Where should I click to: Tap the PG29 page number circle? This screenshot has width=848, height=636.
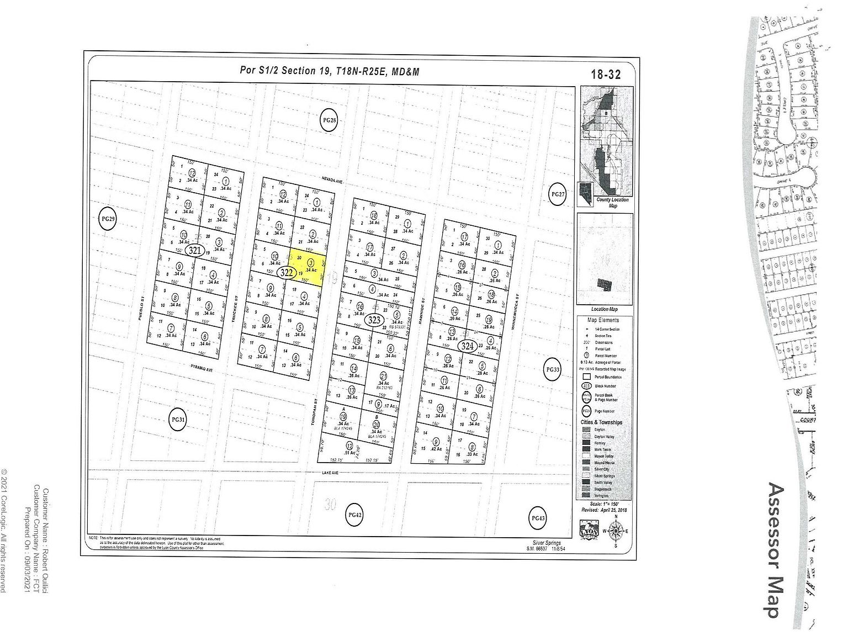[108, 219]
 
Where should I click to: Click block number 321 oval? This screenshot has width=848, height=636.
[195, 251]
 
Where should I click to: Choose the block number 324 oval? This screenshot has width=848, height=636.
[468, 346]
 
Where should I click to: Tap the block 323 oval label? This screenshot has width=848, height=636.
[375, 320]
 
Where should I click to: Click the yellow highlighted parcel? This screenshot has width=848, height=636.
[307, 267]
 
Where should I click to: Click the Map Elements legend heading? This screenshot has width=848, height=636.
[603, 320]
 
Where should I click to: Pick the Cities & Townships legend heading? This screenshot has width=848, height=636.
[601, 422]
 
